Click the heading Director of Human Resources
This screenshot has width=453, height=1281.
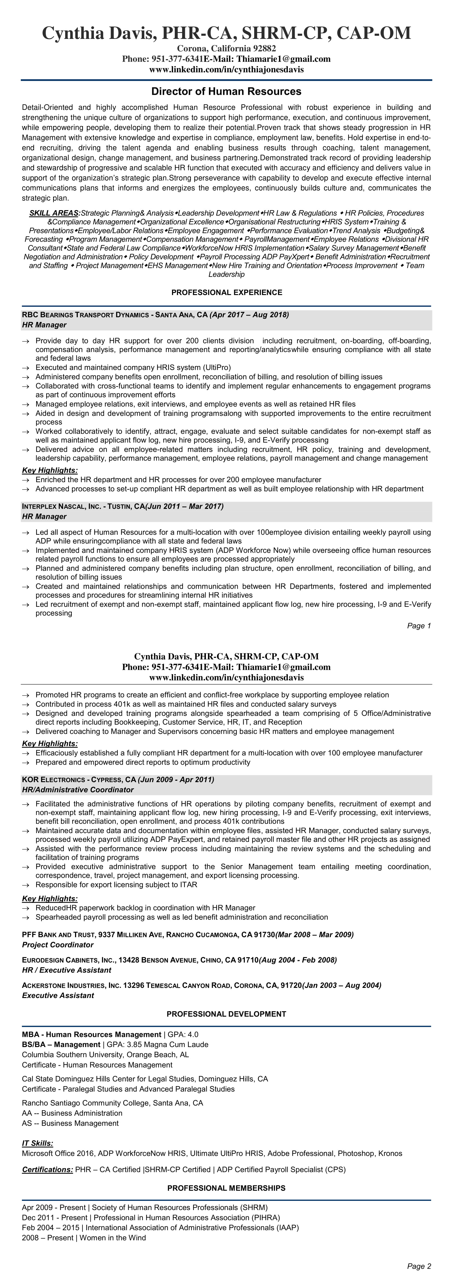pos(226,92)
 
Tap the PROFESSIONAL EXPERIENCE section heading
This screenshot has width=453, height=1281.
pos(226,292)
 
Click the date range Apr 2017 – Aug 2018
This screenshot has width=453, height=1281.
pos(249,315)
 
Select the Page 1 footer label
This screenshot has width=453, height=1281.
pos(419,626)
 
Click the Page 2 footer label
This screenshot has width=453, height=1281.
pos(419,1266)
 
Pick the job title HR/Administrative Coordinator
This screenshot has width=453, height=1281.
pos(78,790)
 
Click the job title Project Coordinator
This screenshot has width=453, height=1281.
pos(58,945)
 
